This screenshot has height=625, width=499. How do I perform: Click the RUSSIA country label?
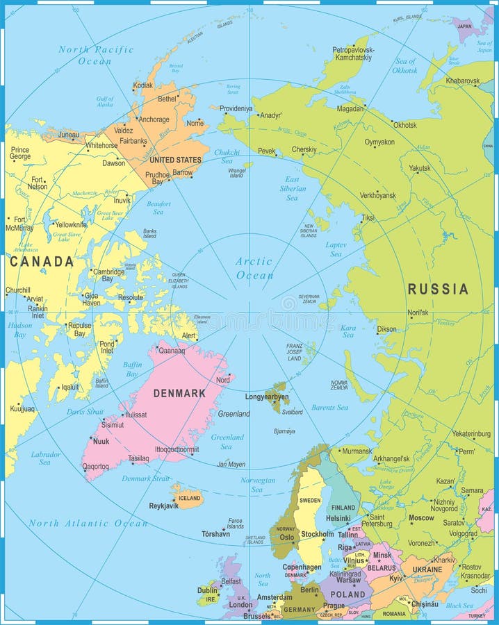coord(437,289)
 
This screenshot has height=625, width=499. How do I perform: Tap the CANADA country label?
coord(41,262)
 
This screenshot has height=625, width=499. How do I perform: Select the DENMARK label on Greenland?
coord(179,393)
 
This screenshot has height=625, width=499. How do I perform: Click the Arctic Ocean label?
coord(254,268)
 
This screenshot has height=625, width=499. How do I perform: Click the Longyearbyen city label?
coord(267,397)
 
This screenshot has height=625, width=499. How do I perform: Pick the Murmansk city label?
coord(357,451)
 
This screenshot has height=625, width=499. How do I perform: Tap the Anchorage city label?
coord(154,119)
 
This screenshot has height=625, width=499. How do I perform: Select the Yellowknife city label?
coord(71,224)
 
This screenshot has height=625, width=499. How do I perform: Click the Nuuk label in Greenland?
coord(101,441)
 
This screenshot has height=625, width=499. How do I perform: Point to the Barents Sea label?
coord(329,408)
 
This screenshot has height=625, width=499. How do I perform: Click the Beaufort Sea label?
coord(158,208)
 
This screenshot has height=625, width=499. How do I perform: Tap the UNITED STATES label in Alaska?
coord(175,160)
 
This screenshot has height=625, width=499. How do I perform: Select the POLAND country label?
coord(347,594)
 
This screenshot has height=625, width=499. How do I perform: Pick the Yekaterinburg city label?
coord(471,434)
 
